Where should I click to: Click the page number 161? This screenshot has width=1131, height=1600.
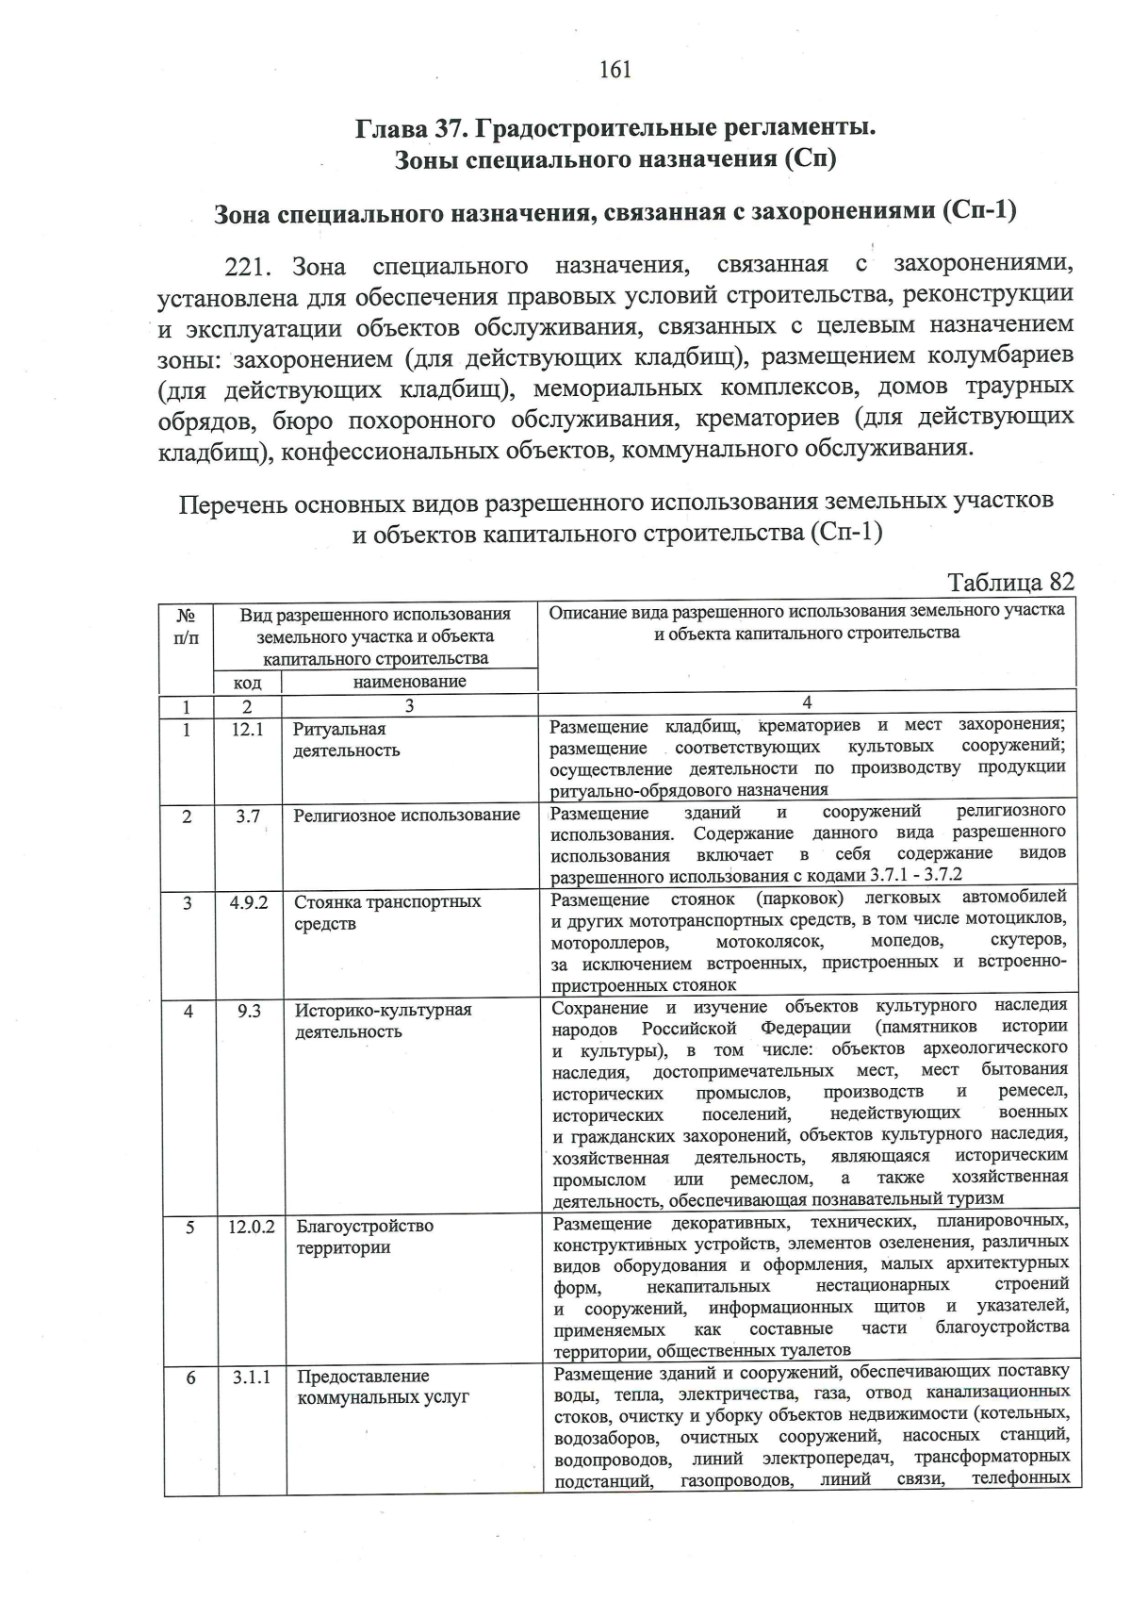614,70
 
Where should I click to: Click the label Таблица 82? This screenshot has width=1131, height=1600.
1009,582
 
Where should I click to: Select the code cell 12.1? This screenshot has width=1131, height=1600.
247,729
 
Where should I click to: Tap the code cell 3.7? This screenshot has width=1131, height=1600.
248,816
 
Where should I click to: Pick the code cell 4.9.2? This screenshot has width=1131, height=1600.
249,902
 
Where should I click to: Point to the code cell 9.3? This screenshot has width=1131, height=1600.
249,1011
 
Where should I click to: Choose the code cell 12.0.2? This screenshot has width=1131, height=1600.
251,1227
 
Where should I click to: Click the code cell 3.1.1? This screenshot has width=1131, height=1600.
252,1377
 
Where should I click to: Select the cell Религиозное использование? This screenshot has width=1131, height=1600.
406,815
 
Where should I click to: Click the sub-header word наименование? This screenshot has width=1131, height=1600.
409,681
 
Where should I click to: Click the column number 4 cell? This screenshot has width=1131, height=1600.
807,701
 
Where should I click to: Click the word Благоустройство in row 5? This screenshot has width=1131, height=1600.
365,1226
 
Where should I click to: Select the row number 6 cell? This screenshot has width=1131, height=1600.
190,1377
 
